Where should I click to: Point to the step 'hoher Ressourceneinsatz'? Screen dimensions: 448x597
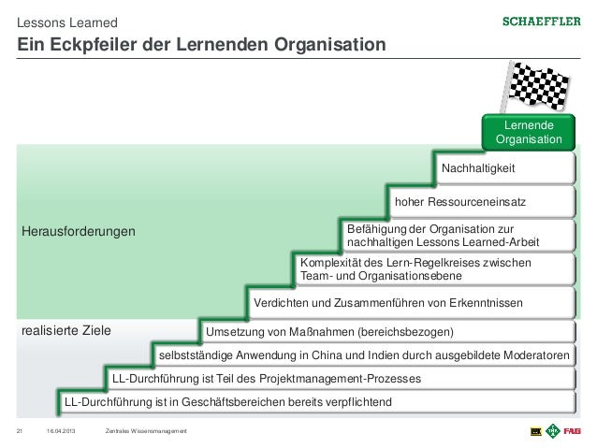tap(459, 201)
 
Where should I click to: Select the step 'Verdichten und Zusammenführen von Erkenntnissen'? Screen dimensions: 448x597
tap(388, 303)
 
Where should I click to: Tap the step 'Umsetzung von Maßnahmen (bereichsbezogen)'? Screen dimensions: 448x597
tap(329, 332)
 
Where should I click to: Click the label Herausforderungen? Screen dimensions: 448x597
tap(79, 230)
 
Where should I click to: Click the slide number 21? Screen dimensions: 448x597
tap(20, 429)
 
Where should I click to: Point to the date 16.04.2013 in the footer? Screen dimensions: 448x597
tap(61, 429)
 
